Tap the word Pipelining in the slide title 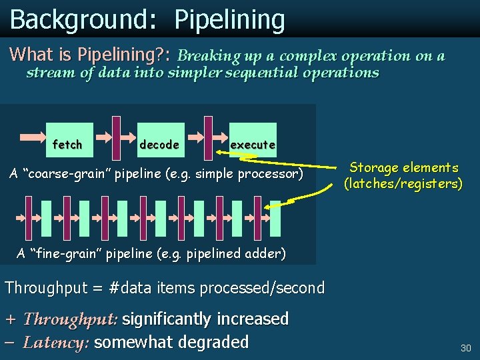[x=229, y=21]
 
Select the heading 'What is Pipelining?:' [x=94, y=53]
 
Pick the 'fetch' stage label [x=67, y=145]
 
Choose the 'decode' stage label [x=159, y=145]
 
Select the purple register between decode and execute [x=208, y=138]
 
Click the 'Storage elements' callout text [x=404, y=167]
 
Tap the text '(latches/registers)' [x=403, y=183]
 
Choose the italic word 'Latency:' [x=56, y=343]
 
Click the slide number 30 [x=465, y=348]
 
